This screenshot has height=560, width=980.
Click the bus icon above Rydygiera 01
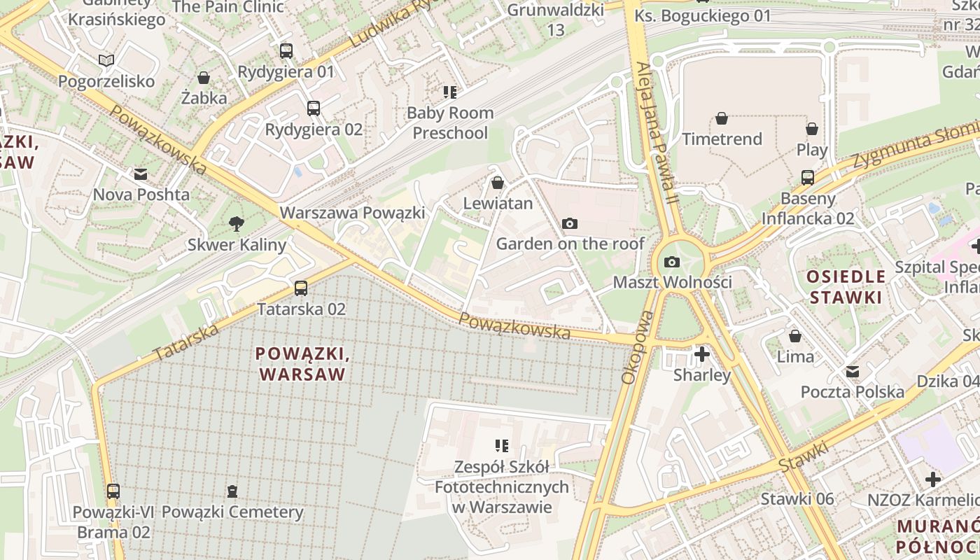[x=286, y=50]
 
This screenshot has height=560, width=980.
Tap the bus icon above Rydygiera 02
[x=314, y=108]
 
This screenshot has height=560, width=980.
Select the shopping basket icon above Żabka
[x=204, y=77]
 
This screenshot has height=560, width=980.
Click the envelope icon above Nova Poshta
[x=141, y=174]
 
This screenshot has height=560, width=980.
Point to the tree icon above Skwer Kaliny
[x=237, y=224]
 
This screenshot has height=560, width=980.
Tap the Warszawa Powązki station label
[x=352, y=212]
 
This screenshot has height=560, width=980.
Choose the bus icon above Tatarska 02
[x=301, y=288]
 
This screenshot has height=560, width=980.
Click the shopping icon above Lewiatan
[x=498, y=183]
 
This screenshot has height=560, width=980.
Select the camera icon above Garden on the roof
[x=570, y=223]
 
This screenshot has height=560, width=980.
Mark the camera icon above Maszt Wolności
[x=672, y=262]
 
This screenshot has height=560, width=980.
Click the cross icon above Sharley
[x=701, y=354]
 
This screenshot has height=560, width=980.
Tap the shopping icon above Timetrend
[x=722, y=118]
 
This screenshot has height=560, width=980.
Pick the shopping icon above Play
[x=812, y=129]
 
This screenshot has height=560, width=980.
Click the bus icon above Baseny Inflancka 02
[x=808, y=177]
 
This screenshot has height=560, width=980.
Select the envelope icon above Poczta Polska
[x=853, y=371]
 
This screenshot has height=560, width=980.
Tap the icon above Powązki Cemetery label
[x=232, y=491]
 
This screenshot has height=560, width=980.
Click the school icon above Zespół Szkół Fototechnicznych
[x=501, y=445]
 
